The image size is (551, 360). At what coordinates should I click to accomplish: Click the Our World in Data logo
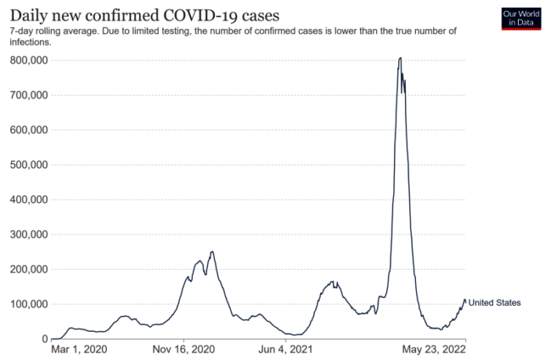[520, 18]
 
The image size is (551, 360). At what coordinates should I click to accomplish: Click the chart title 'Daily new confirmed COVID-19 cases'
[144, 15]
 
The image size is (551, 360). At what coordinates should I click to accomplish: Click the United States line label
[494, 303]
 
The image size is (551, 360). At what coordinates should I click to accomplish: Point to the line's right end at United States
[465, 301]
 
